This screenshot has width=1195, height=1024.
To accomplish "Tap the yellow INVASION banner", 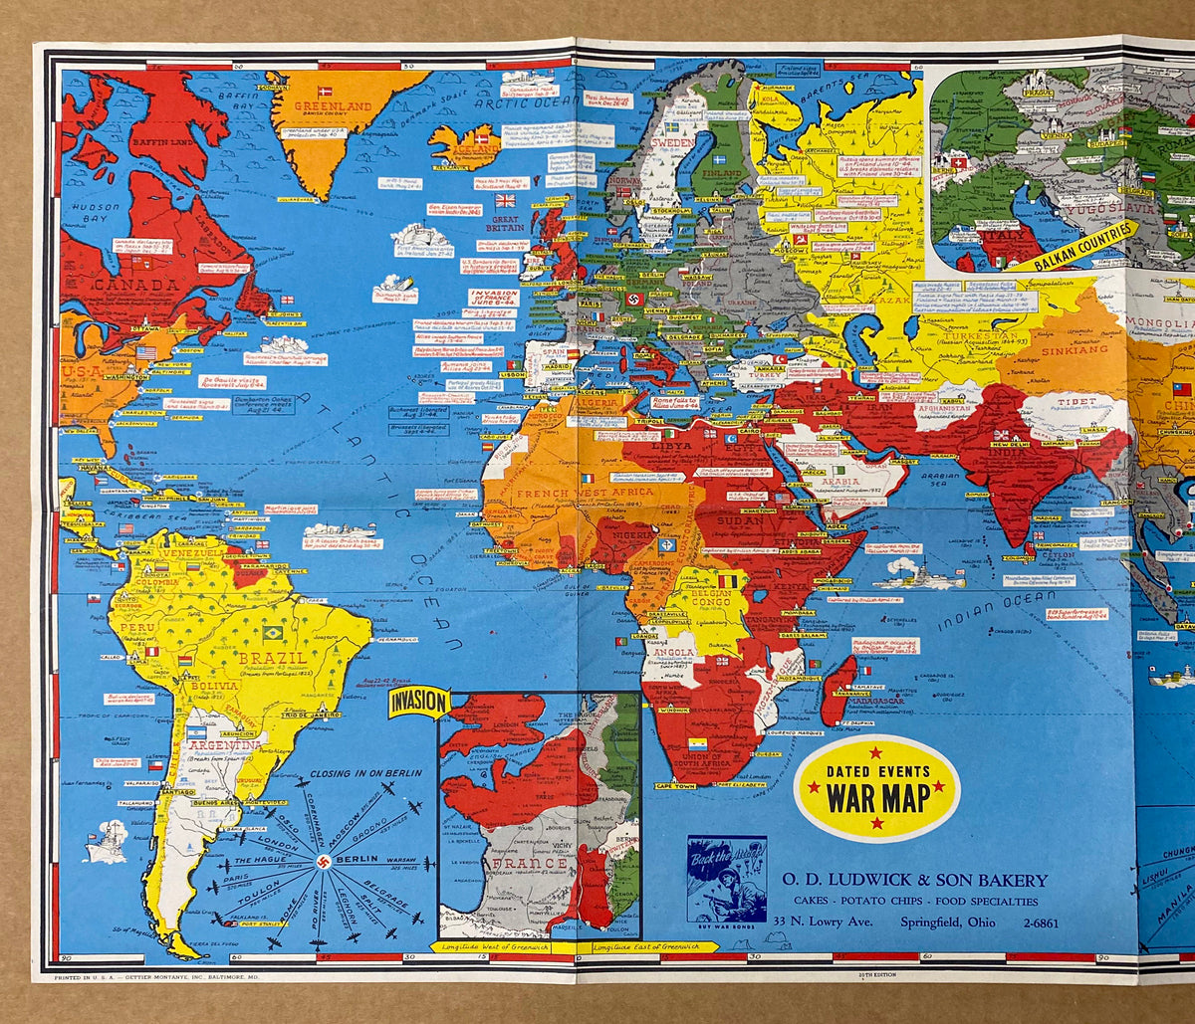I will point(418,703).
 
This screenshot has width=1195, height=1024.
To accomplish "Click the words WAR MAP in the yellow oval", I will point(877,797).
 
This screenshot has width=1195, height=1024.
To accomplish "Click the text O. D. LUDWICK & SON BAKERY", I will point(914,880).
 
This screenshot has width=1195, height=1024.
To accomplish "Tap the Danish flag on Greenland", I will point(325,92).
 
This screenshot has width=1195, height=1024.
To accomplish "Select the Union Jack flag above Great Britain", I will point(505,200).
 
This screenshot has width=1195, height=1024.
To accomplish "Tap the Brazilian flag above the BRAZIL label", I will point(272,633).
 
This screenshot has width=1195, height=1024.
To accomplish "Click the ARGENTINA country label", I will point(223,744).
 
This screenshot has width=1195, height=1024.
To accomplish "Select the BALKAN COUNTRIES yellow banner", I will point(1084,246).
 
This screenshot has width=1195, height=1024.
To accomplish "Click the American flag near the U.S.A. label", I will point(146,352).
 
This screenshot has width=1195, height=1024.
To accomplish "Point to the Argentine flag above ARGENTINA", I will point(196,731).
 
